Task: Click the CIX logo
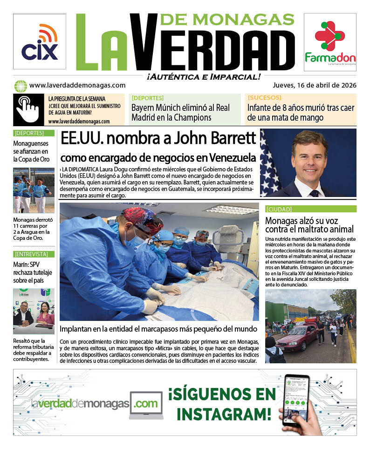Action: point(40,42)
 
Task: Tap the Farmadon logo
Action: point(330,42)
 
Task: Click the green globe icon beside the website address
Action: point(20,86)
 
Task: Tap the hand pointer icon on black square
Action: point(28,109)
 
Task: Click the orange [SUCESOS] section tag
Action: point(265,98)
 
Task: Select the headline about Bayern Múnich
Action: point(180,113)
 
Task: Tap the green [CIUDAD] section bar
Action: point(311,209)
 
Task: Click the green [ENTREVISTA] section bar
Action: point(34,254)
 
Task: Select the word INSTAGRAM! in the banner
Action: point(224,413)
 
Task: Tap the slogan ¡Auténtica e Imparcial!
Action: point(203,77)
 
